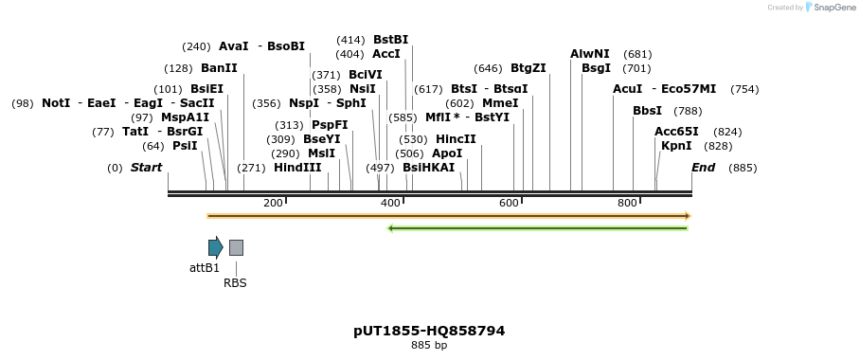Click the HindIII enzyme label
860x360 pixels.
point(297,168)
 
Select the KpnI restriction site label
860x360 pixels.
point(676,146)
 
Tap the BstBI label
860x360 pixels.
point(390,40)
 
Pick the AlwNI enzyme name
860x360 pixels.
point(590,54)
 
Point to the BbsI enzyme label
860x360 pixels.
point(647,111)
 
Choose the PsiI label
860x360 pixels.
point(185,146)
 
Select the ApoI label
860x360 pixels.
point(447,153)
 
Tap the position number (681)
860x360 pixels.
point(637,54)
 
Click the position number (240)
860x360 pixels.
point(196,46)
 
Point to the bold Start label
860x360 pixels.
point(146,168)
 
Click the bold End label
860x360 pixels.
point(704,168)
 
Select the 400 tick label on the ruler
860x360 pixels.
point(390,204)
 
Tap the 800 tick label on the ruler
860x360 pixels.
point(627,204)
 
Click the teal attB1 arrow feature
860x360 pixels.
point(216,247)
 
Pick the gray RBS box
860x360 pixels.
point(236,247)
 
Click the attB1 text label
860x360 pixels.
point(205,268)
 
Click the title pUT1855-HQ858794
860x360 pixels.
point(429,331)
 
